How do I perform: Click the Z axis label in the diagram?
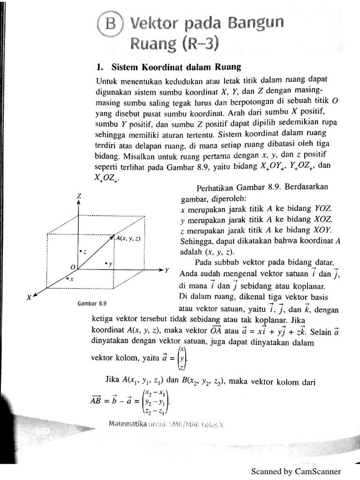pyautogui.click(x=79, y=196)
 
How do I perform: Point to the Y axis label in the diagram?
pyautogui.click(x=166, y=270)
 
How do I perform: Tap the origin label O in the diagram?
pyautogui.click(x=72, y=266)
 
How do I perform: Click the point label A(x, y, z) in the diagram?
pyautogui.click(x=128, y=238)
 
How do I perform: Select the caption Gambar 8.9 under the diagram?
pyautogui.click(x=89, y=303)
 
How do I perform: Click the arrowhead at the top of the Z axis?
pyautogui.click(x=79, y=204)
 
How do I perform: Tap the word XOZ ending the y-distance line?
pyautogui.click(x=323, y=220)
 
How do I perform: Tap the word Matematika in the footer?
pyautogui.click(x=127, y=424)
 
